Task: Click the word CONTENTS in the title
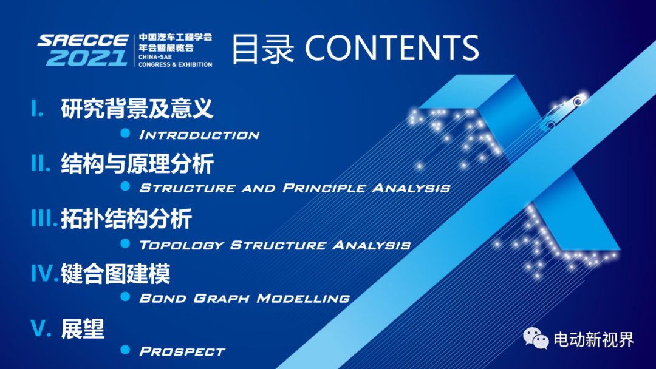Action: click(392, 48)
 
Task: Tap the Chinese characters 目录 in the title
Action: click(263, 49)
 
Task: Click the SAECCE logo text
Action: click(83, 41)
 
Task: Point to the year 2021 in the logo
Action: click(87, 58)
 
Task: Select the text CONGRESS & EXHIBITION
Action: click(176, 64)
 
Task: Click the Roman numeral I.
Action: click(37, 108)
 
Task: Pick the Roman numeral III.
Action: click(44, 218)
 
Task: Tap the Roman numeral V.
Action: click(41, 328)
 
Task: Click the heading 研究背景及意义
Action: click(137, 109)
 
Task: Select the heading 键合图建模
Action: click(115, 274)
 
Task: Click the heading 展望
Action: click(83, 328)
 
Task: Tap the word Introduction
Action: click(199, 135)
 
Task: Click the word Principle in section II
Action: click(324, 188)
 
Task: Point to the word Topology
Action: click(182, 245)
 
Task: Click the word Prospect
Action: click(182, 351)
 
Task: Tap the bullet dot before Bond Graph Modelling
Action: click(125, 297)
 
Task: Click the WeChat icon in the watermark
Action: click(536, 338)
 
